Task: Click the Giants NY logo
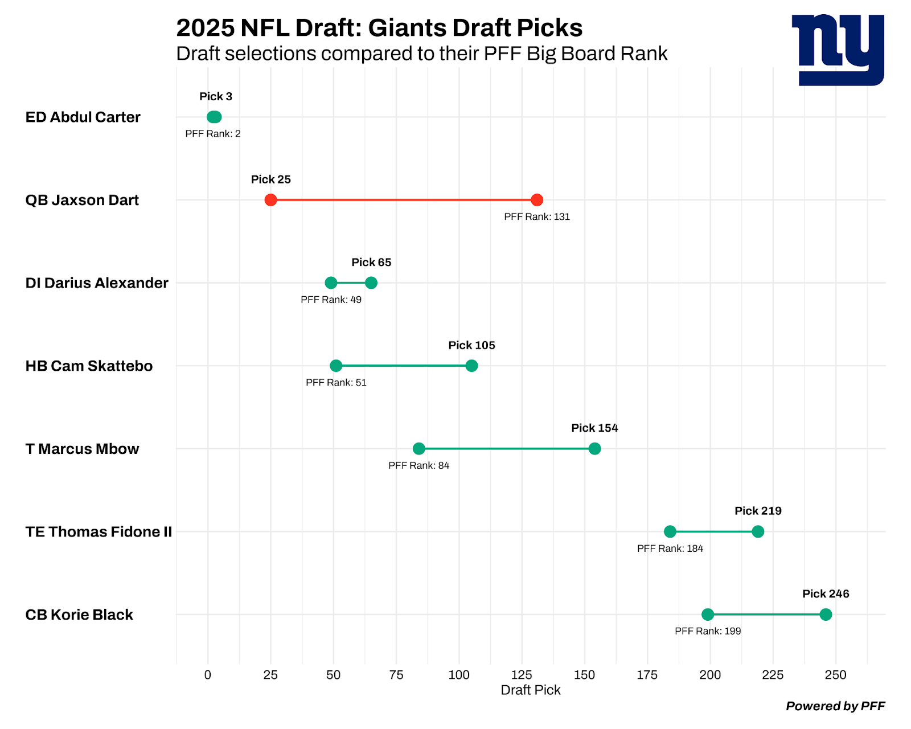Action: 838,50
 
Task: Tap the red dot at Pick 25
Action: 271,200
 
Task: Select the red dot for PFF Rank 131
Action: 536,200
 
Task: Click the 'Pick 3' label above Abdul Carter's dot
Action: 216,96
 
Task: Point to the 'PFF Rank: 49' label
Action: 331,300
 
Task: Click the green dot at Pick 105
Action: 471,366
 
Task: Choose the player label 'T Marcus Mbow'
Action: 82,449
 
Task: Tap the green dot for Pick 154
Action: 594,449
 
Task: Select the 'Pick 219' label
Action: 758,511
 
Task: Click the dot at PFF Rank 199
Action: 708,615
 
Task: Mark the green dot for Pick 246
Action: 826,615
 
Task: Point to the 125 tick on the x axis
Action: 522,675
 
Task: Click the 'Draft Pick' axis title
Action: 531,690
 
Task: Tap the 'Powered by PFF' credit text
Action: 835,706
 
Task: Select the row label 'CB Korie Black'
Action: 79,615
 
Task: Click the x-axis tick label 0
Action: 208,675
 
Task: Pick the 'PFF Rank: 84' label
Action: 419,465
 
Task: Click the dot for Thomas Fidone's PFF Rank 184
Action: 670,531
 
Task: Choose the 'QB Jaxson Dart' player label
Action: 82,200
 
